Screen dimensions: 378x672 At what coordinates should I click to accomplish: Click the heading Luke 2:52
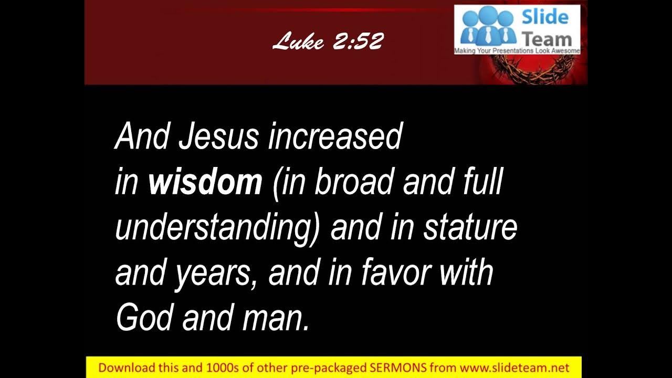coord(328,41)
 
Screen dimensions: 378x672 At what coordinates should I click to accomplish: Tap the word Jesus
coord(218,136)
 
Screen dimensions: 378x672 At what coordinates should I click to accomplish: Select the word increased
coord(335,136)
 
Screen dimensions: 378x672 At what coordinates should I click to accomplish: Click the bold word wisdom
coord(205,182)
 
